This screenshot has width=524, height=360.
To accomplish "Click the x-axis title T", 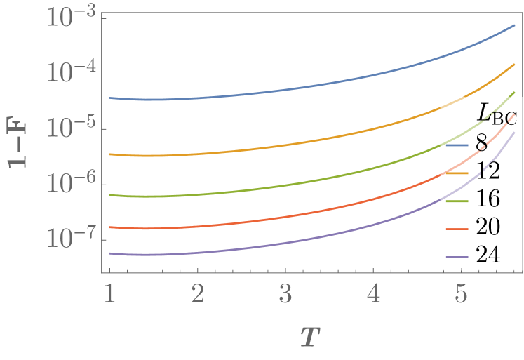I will click(x=307, y=337).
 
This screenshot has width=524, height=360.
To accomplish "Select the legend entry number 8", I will click(x=481, y=146).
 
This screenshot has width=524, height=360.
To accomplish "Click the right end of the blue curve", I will click(x=515, y=25).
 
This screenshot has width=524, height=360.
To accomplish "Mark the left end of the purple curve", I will click(x=109, y=253).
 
